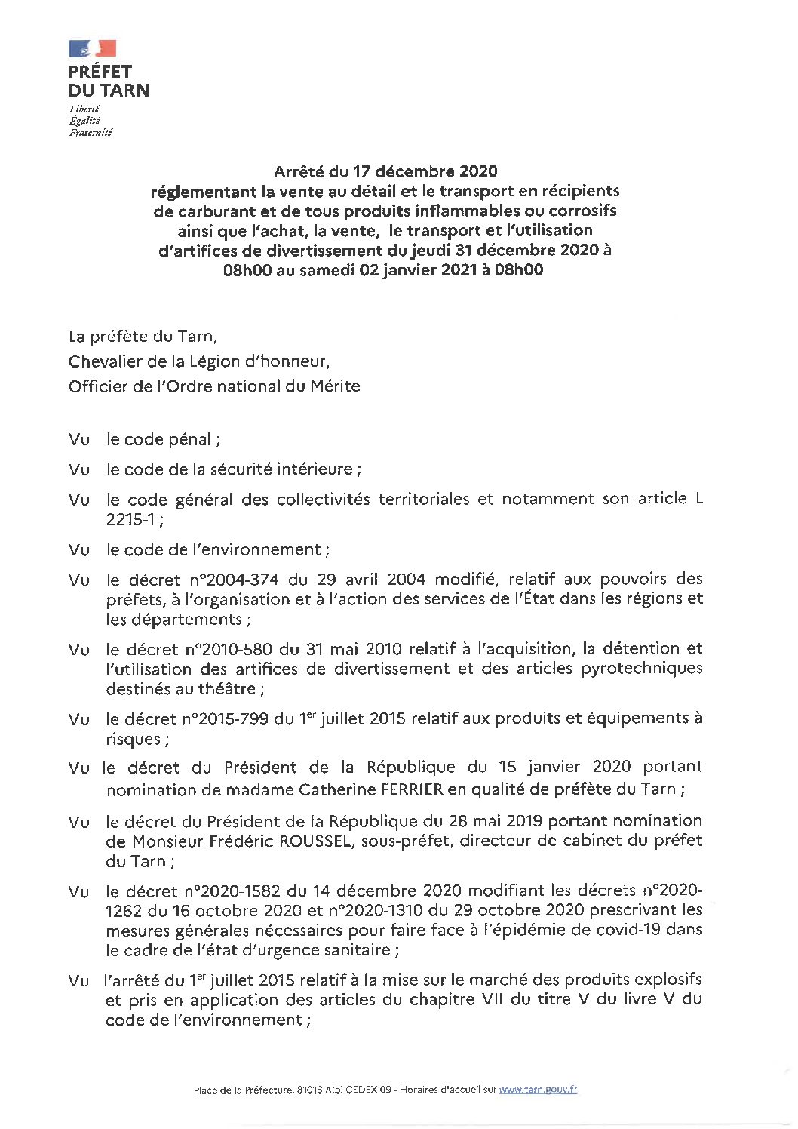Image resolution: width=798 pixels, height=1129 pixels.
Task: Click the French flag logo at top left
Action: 93,48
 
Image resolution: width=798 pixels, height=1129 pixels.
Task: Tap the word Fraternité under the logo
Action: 90,132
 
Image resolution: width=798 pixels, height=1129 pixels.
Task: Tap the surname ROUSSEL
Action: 310,841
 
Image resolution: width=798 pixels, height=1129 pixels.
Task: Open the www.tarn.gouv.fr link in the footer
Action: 539,1089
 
